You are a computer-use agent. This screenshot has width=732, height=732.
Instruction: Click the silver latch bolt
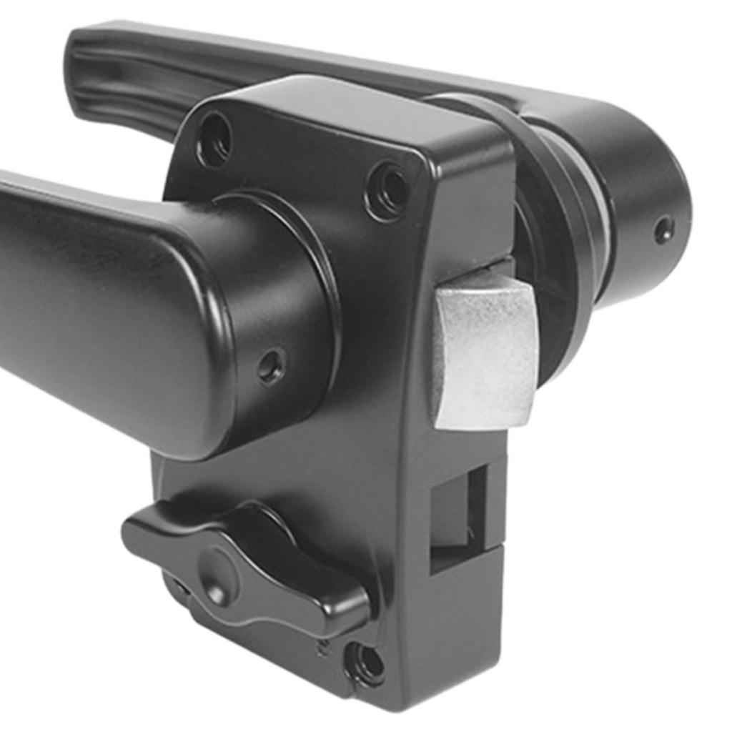(485, 353)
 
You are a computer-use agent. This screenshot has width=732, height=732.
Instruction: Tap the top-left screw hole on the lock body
(214, 139)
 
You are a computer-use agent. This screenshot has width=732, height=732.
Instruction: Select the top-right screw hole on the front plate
(388, 190)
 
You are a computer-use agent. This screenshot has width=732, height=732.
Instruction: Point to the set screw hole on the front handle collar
(271, 366)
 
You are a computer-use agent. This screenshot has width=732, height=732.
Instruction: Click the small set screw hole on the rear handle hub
(664, 229)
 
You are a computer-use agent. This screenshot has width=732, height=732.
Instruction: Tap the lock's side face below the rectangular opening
(457, 629)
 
